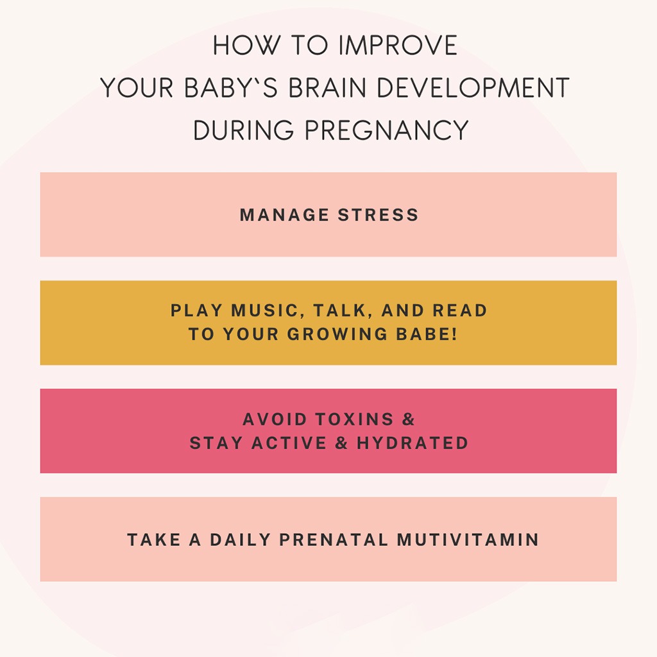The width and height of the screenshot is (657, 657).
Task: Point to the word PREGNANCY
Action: coord(387,131)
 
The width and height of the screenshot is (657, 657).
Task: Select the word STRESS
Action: coord(379,215)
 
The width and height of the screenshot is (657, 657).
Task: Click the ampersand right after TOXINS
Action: coord(409,420)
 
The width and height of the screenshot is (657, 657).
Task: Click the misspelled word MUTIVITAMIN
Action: coord(468,540)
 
